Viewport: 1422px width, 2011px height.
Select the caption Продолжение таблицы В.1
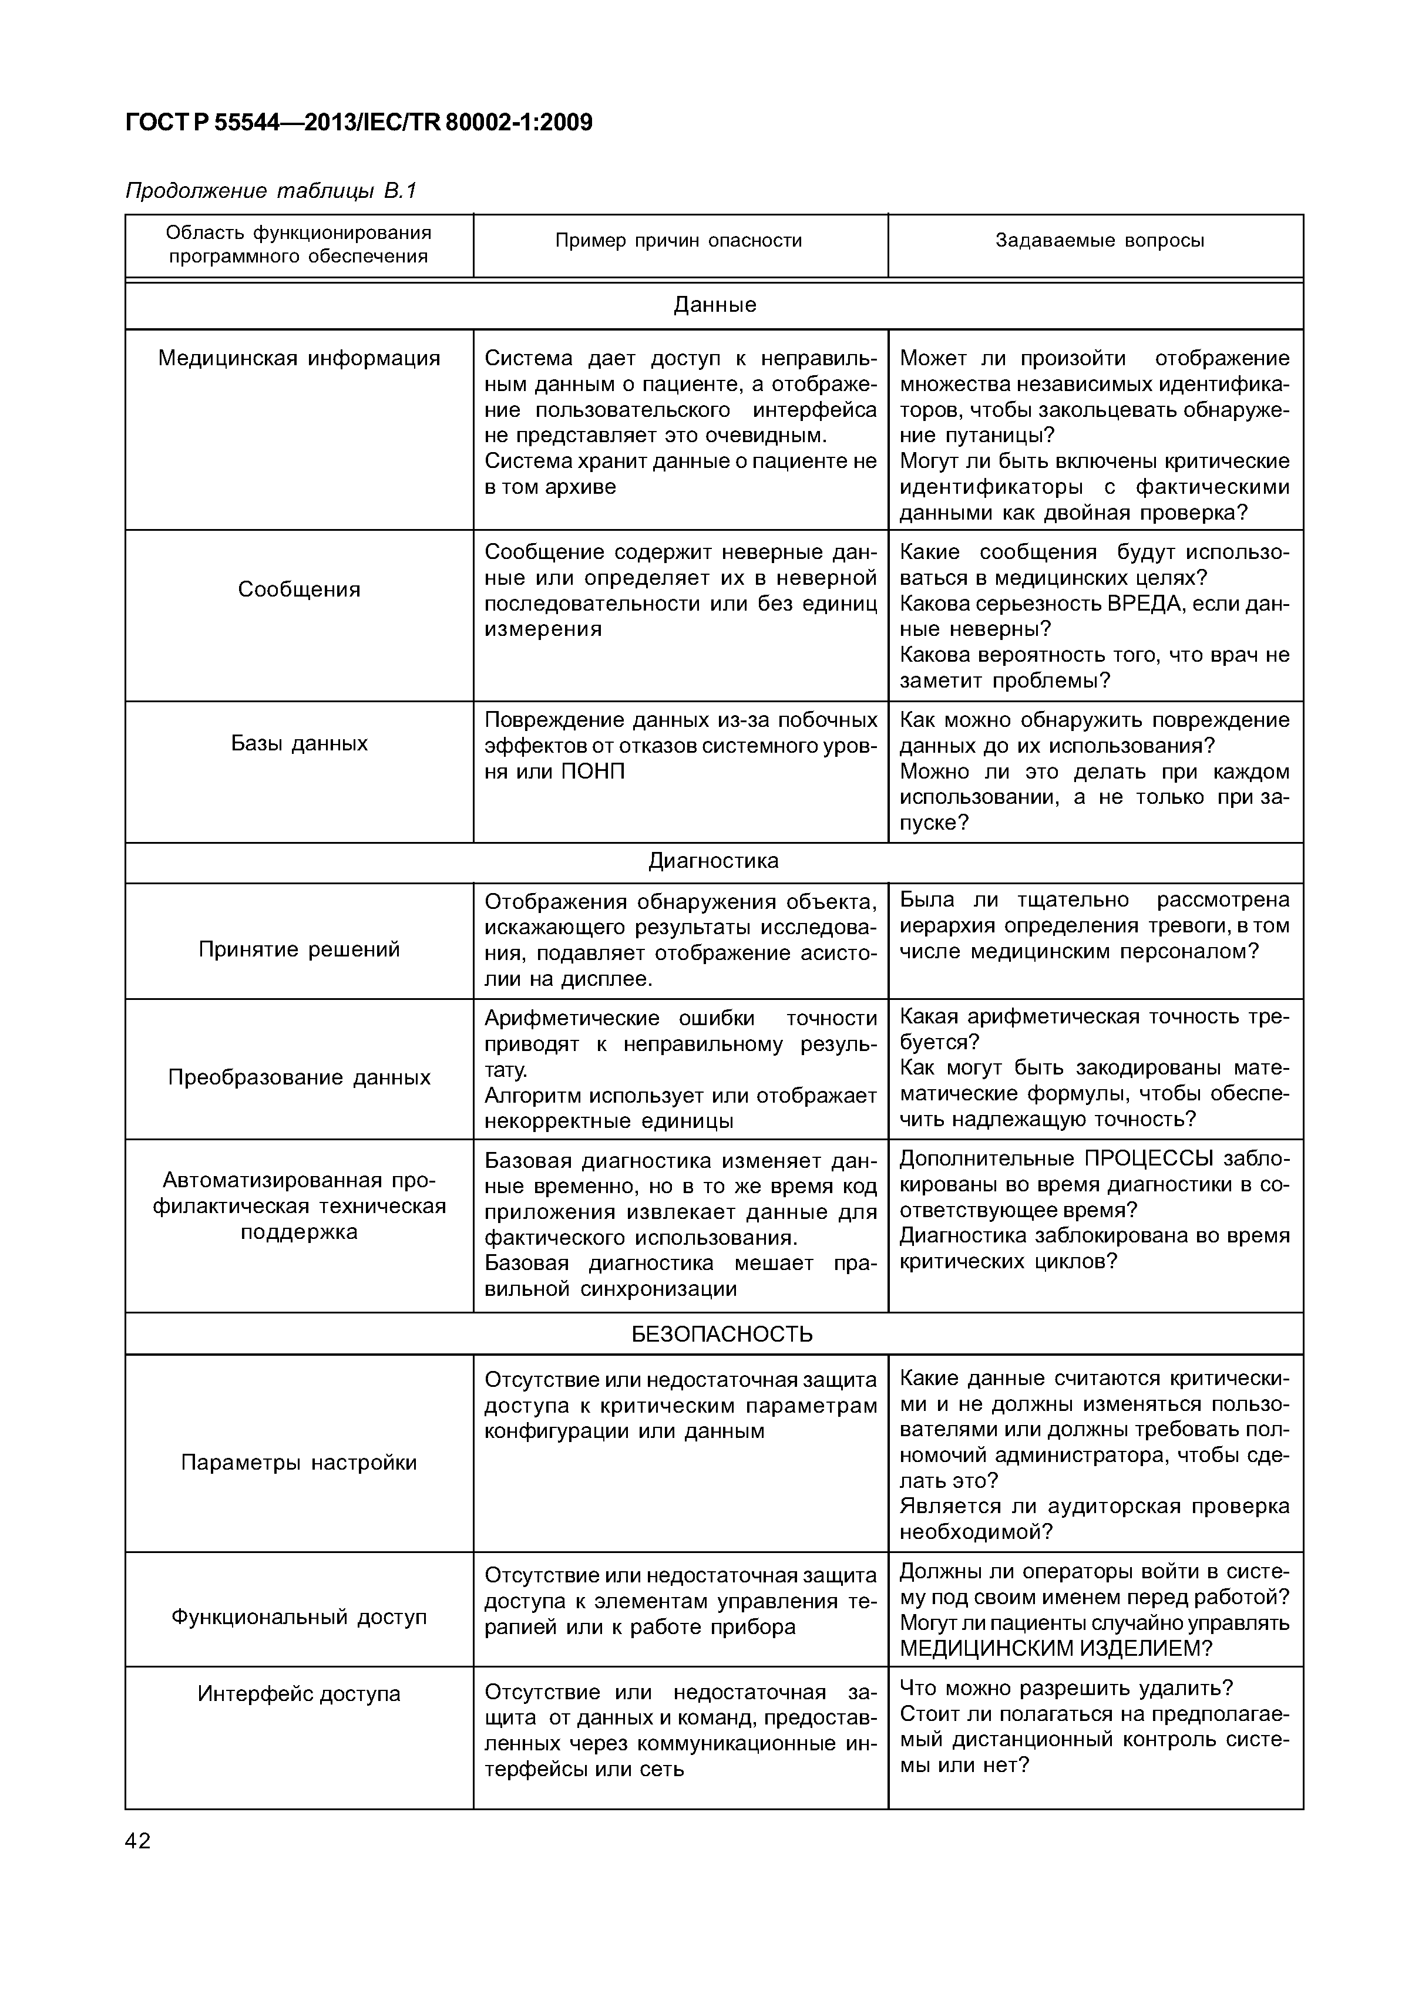coord(271,190)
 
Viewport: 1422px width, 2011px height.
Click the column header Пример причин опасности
coord(678,241)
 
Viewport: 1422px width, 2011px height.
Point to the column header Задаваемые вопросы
coord(1099,241)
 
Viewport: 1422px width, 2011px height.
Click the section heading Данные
coord(714,305)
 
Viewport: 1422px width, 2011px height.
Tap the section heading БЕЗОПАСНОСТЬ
coord(721,1334)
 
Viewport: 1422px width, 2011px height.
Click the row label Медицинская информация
coord(299,358)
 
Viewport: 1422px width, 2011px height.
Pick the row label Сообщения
coord(299,590)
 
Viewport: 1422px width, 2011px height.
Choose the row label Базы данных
coord(299,743)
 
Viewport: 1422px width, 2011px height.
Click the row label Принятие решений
coord(299,949)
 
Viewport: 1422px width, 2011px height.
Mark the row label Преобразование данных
coord(299,1077)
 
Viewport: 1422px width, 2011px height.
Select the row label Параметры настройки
coord(299,1463)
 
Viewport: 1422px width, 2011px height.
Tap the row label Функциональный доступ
coord(299,1617)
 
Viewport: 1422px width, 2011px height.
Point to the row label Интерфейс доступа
coord(299,1694)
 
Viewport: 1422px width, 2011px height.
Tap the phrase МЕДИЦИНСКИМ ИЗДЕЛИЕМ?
coord(1055,1648)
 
